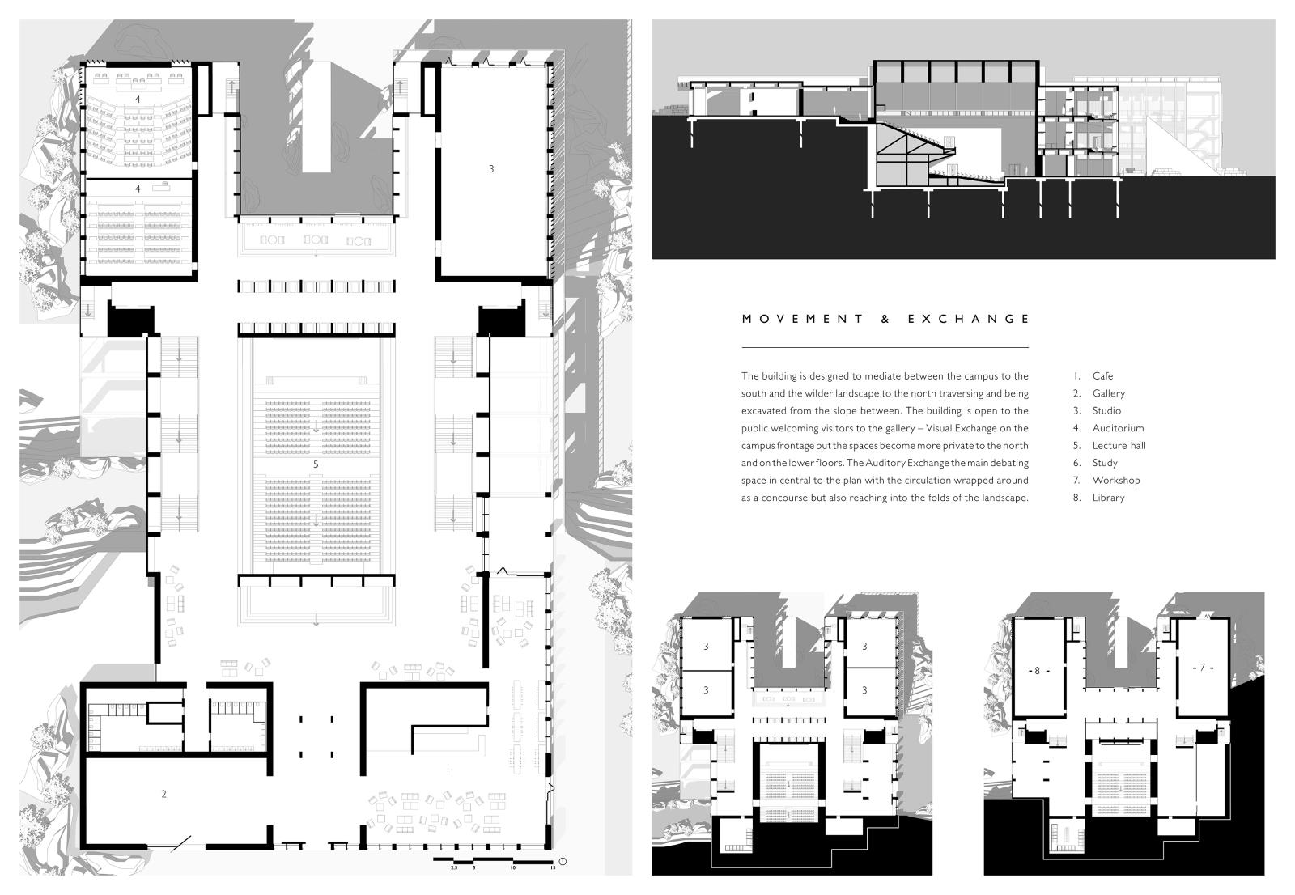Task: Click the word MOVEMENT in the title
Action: tap(802, 319)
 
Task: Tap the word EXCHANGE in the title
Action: tap(968, 319)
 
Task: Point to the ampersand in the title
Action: tap(885, 319)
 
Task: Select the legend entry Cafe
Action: tap(1102, 375)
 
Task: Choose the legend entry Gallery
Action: tap(1108, 394)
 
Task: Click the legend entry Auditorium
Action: tap(1118, 428)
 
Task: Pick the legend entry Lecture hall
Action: tap(1119, 445)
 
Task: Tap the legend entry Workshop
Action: tap(1116, 480)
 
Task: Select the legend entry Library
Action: tap(1108, 498)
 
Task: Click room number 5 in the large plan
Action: tap(316, 464)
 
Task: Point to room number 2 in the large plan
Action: tap(163, 794)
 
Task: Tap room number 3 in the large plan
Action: tap(491, 169)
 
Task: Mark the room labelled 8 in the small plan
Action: tap(1037, 671)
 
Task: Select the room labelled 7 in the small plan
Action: tap(1203, 667)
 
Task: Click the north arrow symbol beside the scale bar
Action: tap(563, 861)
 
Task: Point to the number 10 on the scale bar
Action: tap(513, 867)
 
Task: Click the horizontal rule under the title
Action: tap(885, 347)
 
